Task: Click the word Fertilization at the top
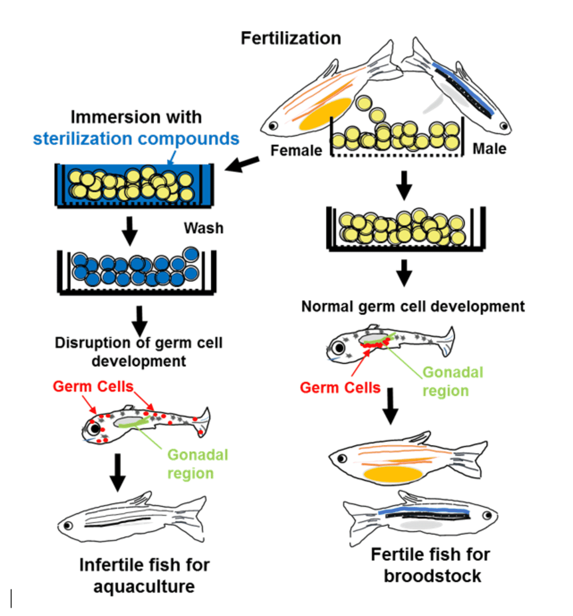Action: tap(291, 38)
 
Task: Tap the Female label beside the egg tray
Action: tap(296, 150)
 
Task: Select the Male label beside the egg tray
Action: tap(489, 149)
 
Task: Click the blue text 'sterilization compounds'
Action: tap(136, 138)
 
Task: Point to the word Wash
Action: tap(203, 228)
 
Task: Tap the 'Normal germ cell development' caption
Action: tap(413, 306)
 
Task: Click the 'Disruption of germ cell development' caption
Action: tap(139, 351)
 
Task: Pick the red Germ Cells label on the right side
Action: tap(340, 388)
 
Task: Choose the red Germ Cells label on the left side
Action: tap(93, 386)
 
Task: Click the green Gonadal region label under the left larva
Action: tap(197, 464)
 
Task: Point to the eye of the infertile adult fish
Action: tap(68, 526)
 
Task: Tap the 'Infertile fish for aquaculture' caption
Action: tap(144, 575)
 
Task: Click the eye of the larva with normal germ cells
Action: tap(338, 348)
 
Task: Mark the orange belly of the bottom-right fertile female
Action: tap(393, 474)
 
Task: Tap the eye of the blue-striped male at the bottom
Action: tap(487, 515)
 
